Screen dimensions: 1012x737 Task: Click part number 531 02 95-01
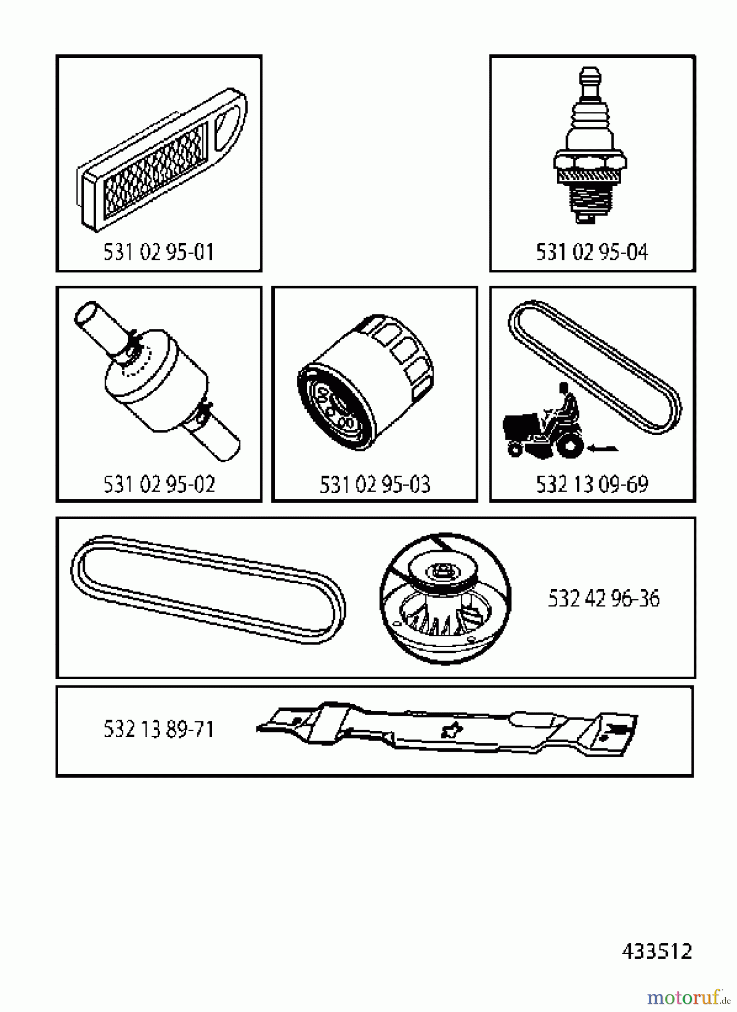point(159,252)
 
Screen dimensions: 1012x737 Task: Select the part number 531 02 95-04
point(592,252)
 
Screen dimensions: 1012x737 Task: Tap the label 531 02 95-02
point(159,484)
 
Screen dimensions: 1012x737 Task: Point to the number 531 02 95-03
point(375,484)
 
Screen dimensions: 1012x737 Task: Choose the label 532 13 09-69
point(592,484)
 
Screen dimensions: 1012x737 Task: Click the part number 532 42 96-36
point(603,599)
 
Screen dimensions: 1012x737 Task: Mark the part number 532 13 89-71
point(159,730)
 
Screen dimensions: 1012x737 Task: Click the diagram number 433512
point(657,951)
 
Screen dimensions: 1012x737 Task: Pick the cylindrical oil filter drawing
point(366,382)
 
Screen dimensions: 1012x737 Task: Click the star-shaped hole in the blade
point(450,731)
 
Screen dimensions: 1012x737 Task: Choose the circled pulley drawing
point(446,598)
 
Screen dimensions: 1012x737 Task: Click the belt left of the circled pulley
point(208,590)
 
